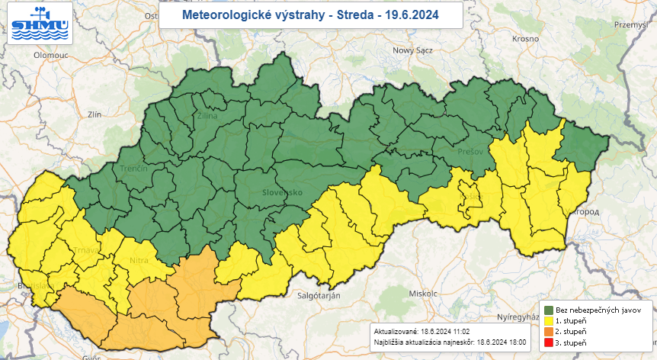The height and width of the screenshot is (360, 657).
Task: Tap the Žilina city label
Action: (x=207, y=117)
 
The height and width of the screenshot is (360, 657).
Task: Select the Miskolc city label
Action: (x=422, y=293)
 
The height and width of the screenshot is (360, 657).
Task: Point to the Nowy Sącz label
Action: (x=412, y=50)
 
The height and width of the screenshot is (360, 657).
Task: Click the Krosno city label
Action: (x=525, y=37)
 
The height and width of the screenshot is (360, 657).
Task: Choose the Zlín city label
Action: (x=95, y=114)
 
